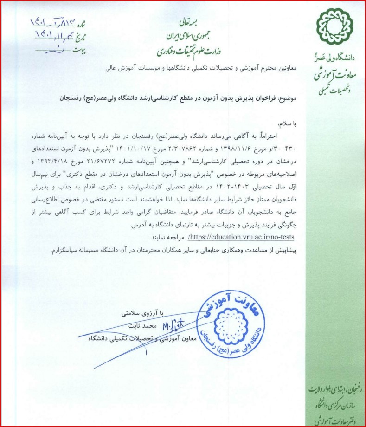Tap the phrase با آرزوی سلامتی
tap(137, 314)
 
